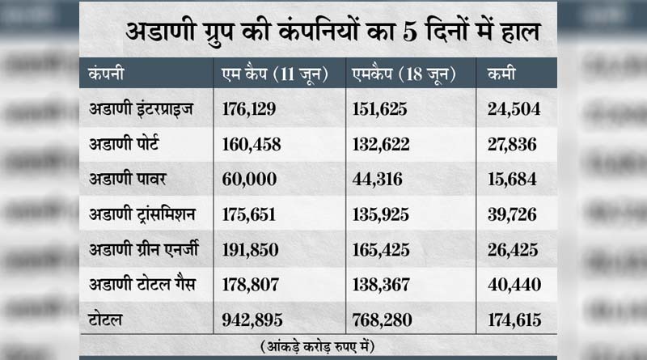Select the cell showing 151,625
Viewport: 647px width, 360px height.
pyautogui.click(x=380, y=108)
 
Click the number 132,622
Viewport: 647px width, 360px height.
pyautogui.click(x=381, y=144)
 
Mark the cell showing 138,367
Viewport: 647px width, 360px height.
pyautogui.click(x=381, y=285)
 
